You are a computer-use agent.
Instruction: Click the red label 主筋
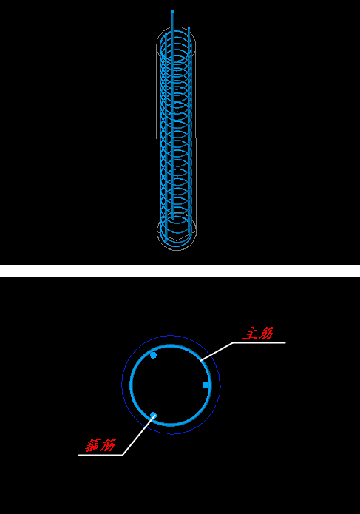click(x=259, y=333)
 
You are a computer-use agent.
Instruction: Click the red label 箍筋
click(x=101, y=445)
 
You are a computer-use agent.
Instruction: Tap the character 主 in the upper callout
click(x=251, y=334)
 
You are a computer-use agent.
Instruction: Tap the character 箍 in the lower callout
click(x=92, y=445)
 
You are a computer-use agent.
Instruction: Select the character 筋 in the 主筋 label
click(x=266, y=333)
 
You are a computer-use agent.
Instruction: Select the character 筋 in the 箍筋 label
click(x=108, y=445)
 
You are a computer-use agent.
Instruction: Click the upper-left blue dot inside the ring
click(x=153, y=355)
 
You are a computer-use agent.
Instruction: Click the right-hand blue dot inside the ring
click(x=206, y=385)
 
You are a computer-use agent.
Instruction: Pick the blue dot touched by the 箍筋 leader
click(x=153, y=416)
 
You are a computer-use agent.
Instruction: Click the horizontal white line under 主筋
click(x=259, y=343)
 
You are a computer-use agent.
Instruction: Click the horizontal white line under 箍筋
click(x=101, y=455)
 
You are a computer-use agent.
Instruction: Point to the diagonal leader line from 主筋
click(x=217, y=351)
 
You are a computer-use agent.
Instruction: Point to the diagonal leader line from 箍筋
click(x=137, y=436)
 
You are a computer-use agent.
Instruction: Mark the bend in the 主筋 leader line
click(x=233, y=343)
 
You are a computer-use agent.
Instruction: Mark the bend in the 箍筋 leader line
click(x=122, y=455)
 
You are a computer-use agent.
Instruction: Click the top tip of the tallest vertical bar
click(x=173, y=11)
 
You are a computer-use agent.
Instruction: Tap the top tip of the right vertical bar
click(x=189, y=27)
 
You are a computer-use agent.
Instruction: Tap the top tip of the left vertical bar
click(x=166, y=33)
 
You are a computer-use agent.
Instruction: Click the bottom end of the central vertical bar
click(x=173, y=219)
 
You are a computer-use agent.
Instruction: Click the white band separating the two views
click(x=180, y=271)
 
